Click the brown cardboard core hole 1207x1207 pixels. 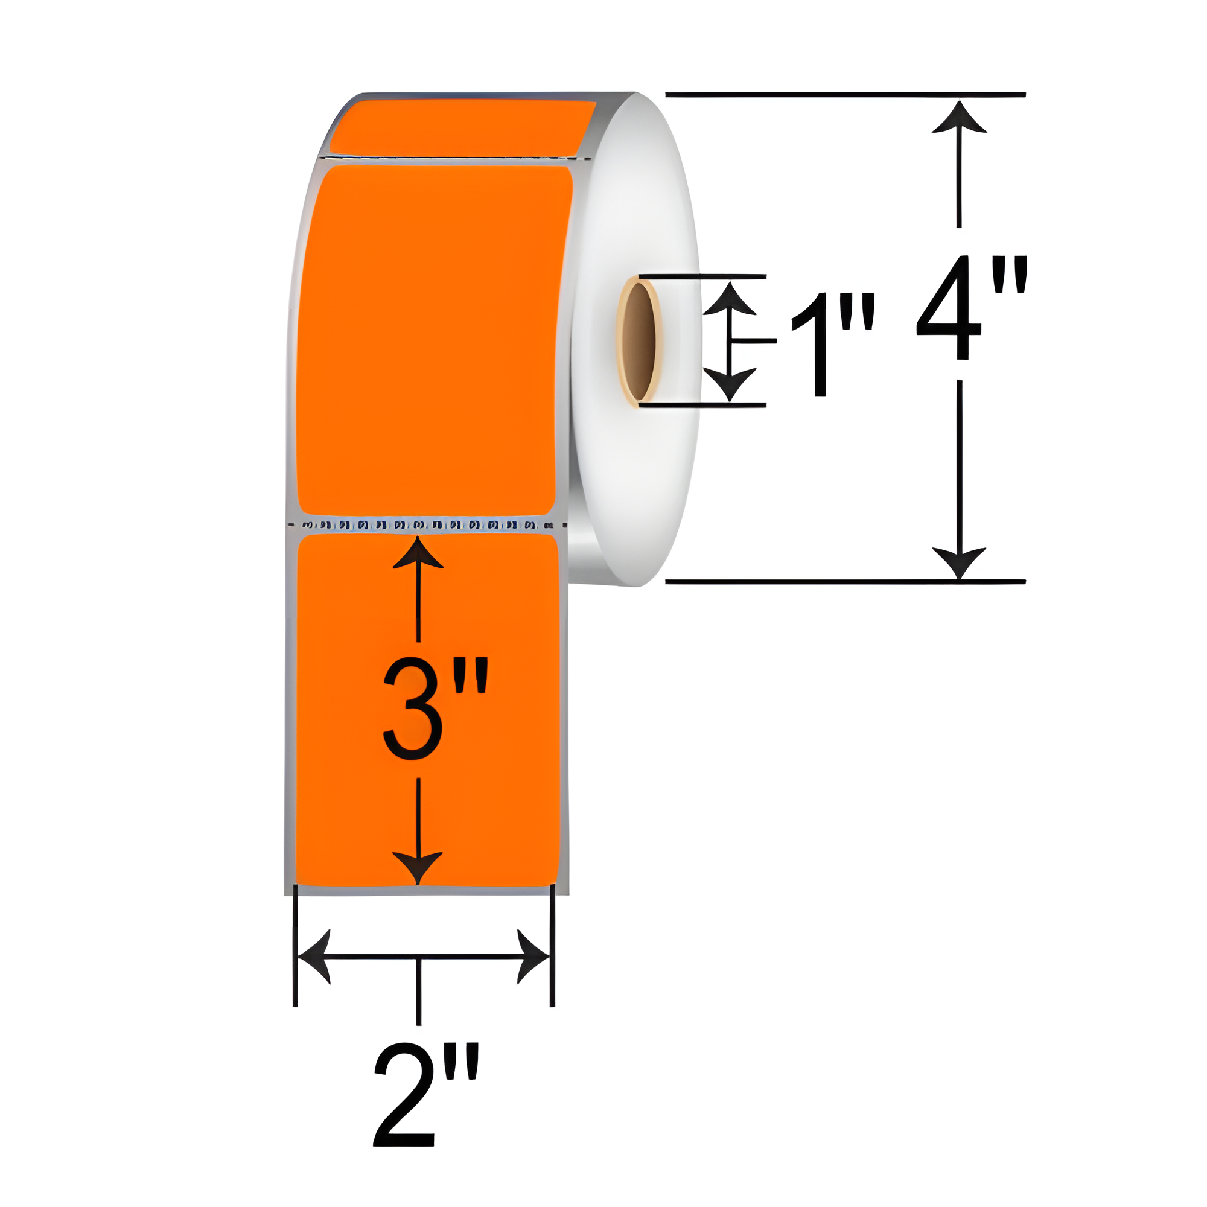point(639,341)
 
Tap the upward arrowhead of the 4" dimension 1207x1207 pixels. point(959,119)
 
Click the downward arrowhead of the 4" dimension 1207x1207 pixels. point(959,562)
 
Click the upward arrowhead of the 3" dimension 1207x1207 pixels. point(418,553)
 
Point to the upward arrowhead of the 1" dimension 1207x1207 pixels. point(730,299)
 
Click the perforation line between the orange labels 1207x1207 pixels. point(427,526)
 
